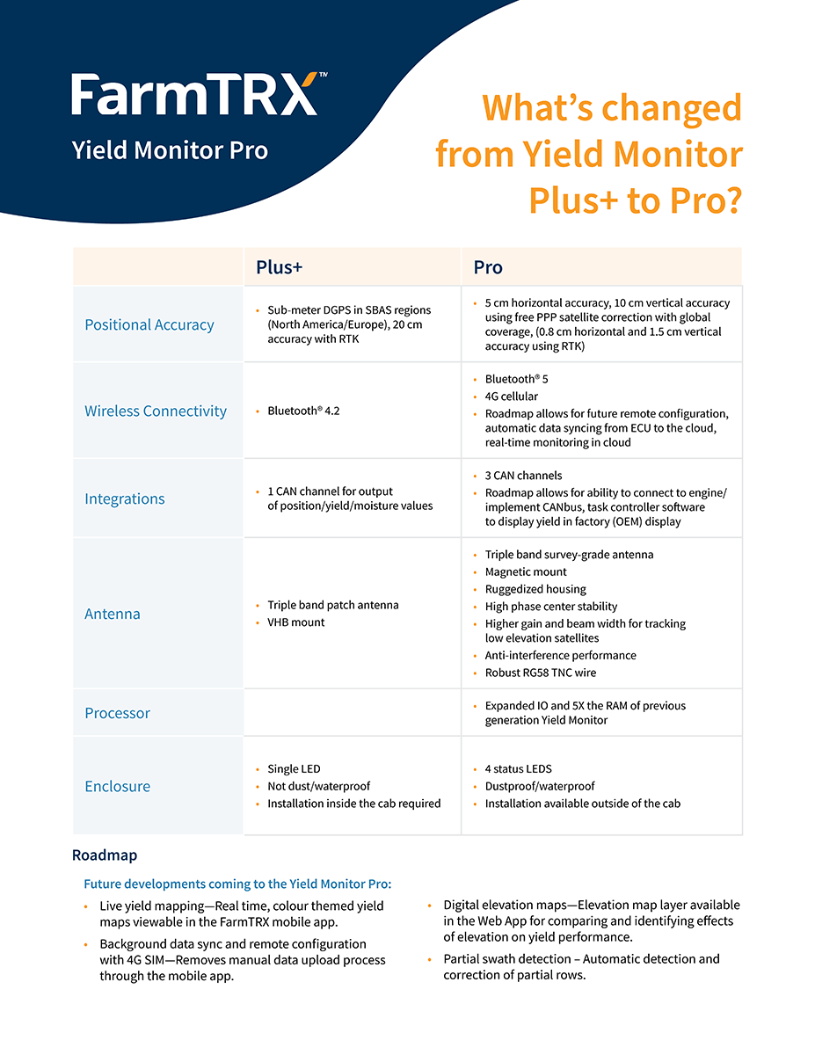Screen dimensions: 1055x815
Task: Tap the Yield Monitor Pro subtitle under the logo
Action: pyautogui.click(x=170, y=150)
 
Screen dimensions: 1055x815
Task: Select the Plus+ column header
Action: pyautogui.click(x=279, y=267)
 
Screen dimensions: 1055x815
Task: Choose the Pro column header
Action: pyautogui.click(x=488, y=267)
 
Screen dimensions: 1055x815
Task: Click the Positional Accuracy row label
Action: pyautogui.click(x=149, y=324)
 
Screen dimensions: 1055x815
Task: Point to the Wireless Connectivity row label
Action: pyautogui.click(x=156, y=411)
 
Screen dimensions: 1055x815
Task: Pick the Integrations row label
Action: pyautogui.click(x=125, y=498)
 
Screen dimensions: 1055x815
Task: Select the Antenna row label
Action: pyautogui.click(x=113, y=614)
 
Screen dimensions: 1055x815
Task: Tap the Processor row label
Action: pyautogui.click(x=117, y=713)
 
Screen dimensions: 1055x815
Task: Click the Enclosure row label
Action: pyautogui.click(x=117, y=786)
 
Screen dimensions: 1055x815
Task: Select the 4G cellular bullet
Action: pyautogui.click(x=512, y=397)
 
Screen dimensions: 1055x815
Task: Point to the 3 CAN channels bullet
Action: pyautogui.click(x=523, y=476)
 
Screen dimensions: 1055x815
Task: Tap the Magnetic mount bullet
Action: pyautogui.click(x=526, y=572)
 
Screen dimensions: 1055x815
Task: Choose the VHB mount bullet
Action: pyautogui.click(x=296, y=622)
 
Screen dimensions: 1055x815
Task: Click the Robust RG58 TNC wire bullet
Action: pyautogui.click(x=540, y=673)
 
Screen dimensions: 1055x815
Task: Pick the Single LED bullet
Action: pyautogui.click(x=294, y=769)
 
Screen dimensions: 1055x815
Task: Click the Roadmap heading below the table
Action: pyautogui.click(x=105, y=855)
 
